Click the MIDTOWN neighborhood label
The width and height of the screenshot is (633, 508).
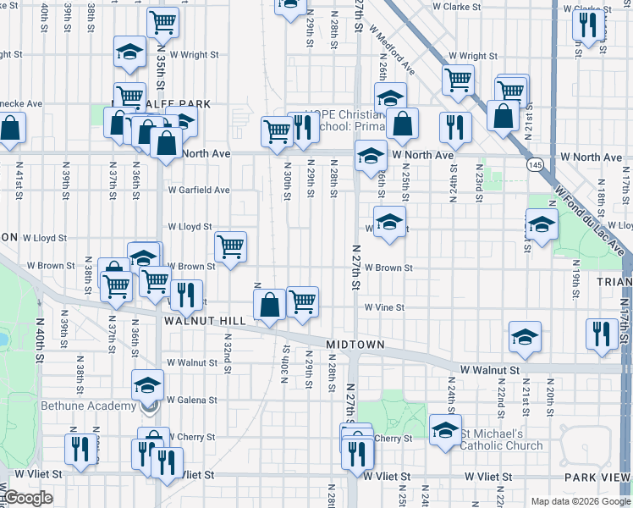[x=355, y=345]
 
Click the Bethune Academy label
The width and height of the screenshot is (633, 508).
[x=89, y=406]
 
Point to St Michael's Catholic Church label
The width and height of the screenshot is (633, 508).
[x=503, y=440]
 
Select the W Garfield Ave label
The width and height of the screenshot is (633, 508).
[x=198, y=190]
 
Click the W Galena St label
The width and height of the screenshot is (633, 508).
[x=192, y=400]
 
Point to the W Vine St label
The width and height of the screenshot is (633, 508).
[x=384, y=308]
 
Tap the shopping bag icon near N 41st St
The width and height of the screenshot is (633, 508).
[x=10, y=130]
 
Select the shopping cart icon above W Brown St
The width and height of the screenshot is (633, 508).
[x=230, y=247]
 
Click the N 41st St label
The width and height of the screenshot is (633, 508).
[x=18, y=180]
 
